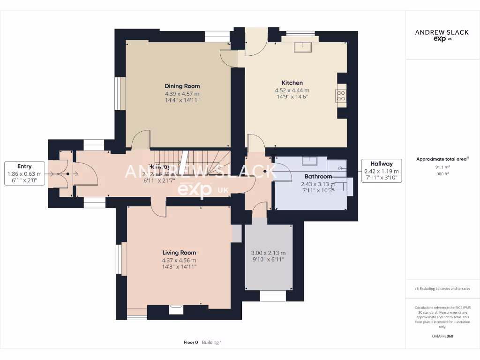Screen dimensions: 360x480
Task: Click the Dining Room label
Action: click(182, 86)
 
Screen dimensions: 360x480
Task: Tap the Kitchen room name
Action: click(292, 82)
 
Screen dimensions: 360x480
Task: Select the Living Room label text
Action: click(179, 253)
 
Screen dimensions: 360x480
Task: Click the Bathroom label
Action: click(318, 177)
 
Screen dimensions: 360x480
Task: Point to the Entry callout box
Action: click(24, 173)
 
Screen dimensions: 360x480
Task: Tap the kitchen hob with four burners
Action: click(341, 96)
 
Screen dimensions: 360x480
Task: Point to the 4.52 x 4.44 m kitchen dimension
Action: click(292, 90)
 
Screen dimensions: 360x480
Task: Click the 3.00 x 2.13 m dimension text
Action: click(268, 252)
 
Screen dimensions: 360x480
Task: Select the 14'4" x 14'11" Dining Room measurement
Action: click(182, 100)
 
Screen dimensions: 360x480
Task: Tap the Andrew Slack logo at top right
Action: click(442, 35)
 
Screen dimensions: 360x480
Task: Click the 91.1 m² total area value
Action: click(442, 167)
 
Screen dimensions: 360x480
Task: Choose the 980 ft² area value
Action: click(442, 173)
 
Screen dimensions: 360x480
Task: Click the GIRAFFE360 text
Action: click(442, 336)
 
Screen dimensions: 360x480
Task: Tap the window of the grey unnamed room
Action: click(272, 295)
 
